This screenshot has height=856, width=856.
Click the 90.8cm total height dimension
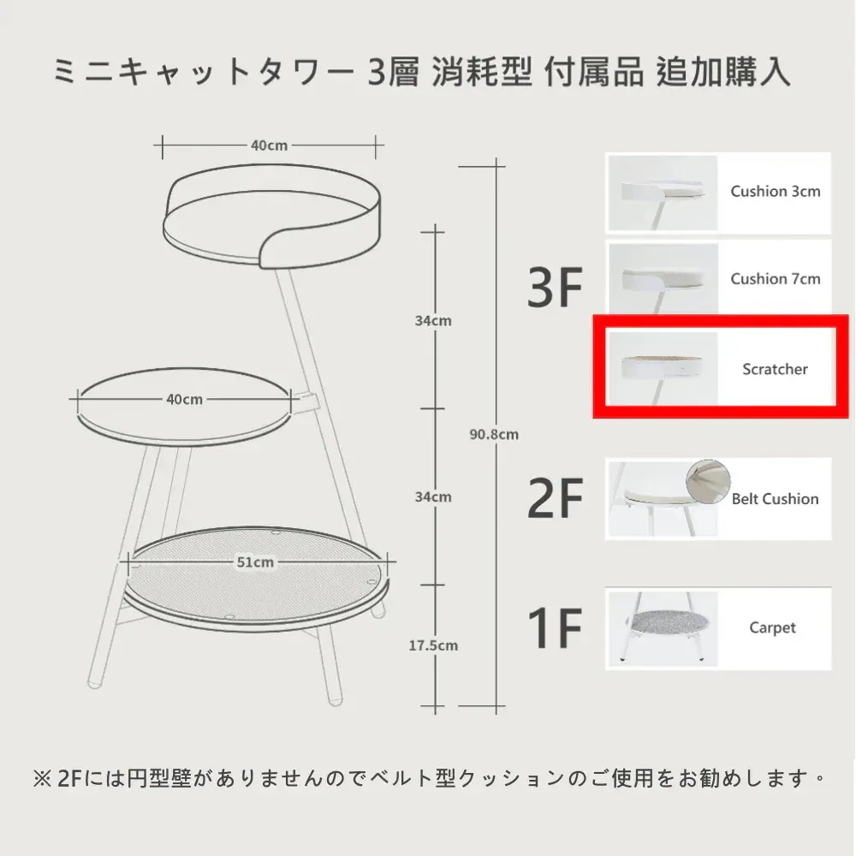point(494,435)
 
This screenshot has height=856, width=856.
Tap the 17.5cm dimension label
point(433,645)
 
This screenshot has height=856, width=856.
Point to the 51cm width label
point(255,562)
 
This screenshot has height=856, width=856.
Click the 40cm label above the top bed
point(269,146)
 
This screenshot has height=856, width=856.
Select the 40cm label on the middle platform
point(185,400)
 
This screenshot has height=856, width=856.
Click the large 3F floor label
point(555,287)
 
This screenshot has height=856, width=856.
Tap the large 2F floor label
point(555,498)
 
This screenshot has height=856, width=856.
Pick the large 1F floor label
point(555,627)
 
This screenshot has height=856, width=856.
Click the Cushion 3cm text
point(776,192)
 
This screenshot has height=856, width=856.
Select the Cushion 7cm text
point(776,279)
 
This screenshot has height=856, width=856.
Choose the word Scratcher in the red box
point(775,370)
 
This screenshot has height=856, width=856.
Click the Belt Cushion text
point(775,499)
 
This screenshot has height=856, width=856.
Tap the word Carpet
point(772,628)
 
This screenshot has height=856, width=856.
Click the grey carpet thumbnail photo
point(663,628)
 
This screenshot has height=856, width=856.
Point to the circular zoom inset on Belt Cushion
point(708,481)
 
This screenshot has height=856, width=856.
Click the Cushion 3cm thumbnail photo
point(663,193)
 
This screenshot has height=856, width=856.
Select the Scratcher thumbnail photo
point(663,368)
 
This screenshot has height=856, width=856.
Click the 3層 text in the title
point(393,72)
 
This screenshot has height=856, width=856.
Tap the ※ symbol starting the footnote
point(42,779)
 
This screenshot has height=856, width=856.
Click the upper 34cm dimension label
point(433,321)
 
